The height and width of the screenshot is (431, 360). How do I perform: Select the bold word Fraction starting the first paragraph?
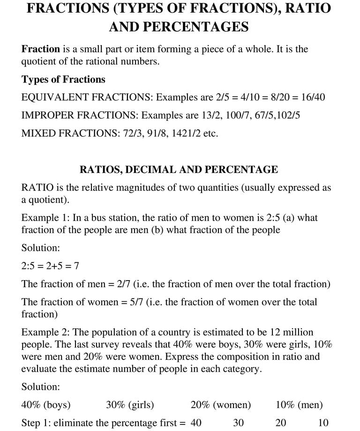(x=41, y=49)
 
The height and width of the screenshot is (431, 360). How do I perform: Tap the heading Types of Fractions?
(x=63, y=79)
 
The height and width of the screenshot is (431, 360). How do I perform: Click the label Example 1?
(x=41, y=217)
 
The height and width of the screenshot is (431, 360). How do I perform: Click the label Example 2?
(x=41, y=332)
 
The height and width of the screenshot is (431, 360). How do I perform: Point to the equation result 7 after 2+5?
(x=76, y=266)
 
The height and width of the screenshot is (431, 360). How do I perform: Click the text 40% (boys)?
(x=46, y=405)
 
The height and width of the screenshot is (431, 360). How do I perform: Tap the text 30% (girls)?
(x=130, y=405)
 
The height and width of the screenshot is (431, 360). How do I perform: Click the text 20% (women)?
(x=221, y=405)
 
